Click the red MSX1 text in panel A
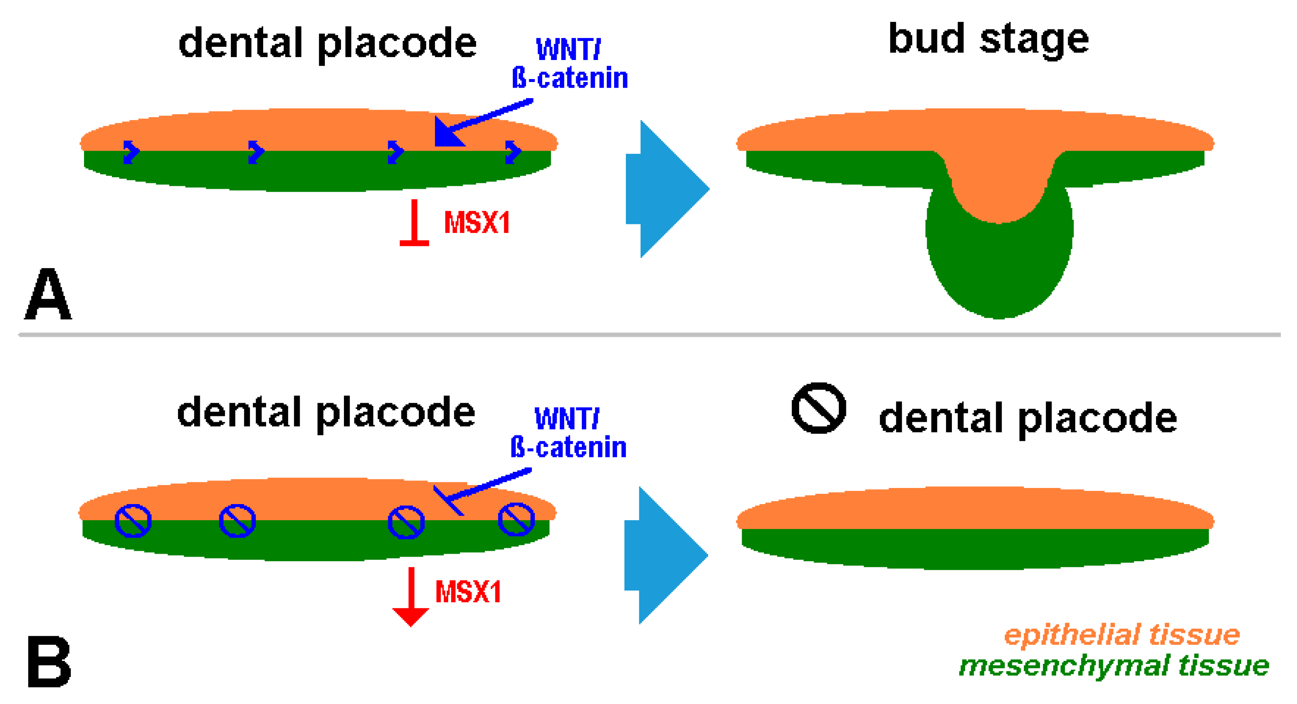[477, 223]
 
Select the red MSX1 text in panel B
[468, 592]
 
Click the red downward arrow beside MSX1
[411, 599]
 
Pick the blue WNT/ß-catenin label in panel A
[569, 65]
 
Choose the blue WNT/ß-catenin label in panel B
[568, 434]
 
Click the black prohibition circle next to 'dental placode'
[819, 408]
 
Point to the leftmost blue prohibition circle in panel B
[133, 521]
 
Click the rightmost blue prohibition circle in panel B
[516, 519]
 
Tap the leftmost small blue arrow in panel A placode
[131, 151]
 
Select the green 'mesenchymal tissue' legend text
[1114, 666]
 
